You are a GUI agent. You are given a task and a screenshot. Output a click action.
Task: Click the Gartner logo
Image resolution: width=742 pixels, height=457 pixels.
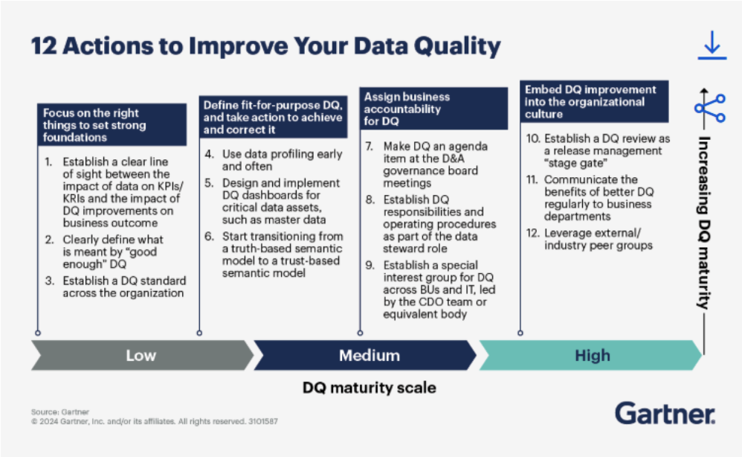click(x=665, y=414)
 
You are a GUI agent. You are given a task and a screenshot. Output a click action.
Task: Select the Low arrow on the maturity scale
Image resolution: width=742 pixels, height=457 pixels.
click(x=141, y=356)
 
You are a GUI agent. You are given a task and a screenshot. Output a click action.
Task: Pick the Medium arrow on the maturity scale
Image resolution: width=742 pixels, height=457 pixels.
click(x=369, y=356)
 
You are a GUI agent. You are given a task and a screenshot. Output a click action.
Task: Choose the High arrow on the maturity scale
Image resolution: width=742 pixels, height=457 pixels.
click(x=592, y=356)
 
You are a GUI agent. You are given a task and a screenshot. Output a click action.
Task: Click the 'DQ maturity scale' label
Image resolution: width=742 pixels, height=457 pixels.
click(x=369, y=388)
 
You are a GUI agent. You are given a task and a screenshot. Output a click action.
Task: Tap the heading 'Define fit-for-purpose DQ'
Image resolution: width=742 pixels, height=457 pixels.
click(x=272, y=117)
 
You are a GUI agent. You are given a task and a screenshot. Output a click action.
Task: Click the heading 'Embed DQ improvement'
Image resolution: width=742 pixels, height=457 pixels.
click(x=591, y=101)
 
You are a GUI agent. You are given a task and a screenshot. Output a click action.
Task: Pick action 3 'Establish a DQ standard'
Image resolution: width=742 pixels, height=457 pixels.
click(x=119, y=287)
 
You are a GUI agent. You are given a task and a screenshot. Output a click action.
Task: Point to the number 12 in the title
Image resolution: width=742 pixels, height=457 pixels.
click(x=44, y=46)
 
